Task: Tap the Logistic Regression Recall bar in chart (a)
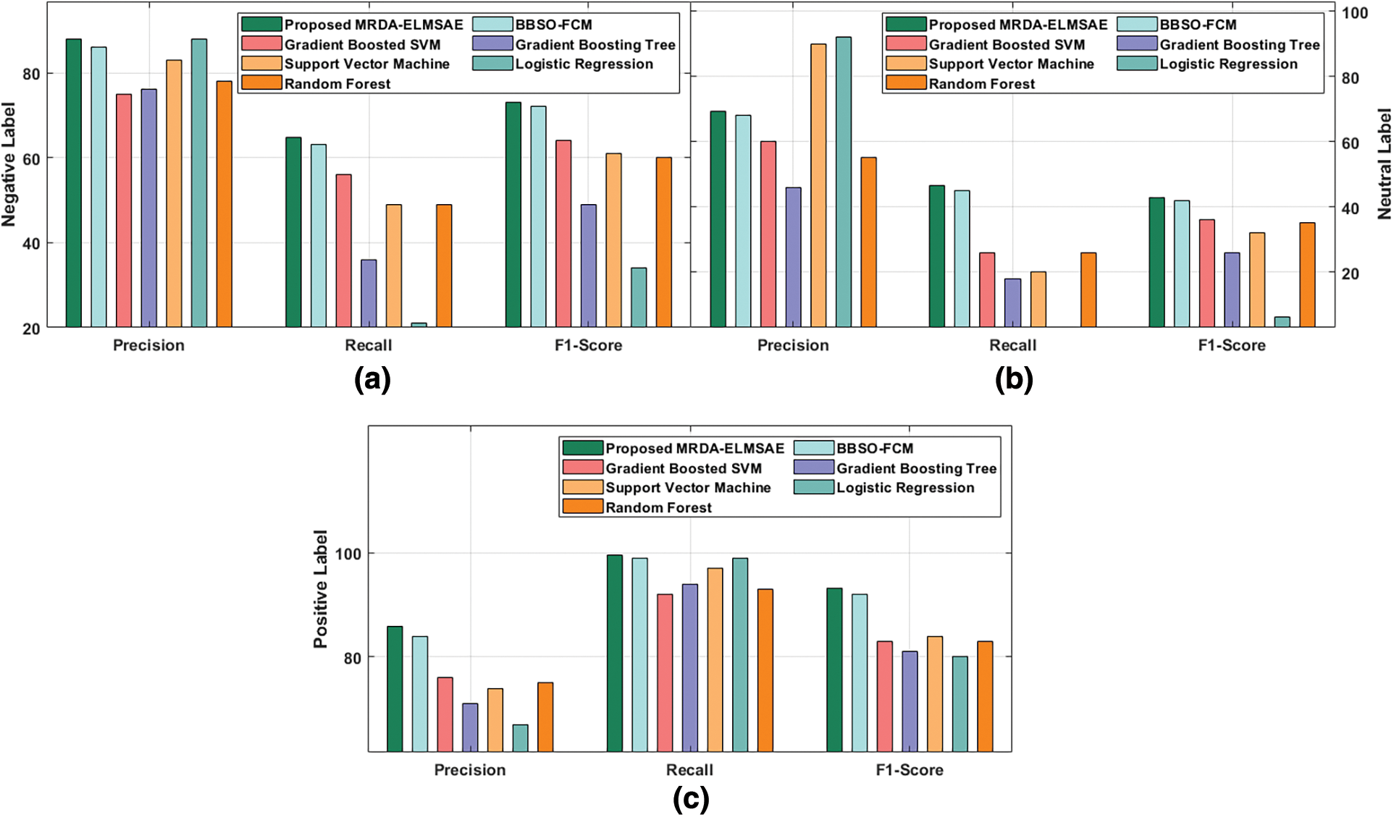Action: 419,324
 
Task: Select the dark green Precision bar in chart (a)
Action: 74,182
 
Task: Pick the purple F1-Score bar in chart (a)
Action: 589,266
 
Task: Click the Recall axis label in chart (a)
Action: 368,345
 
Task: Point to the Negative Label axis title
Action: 9,164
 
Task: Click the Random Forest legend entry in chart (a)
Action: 316,83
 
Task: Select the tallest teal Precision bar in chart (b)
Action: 844,182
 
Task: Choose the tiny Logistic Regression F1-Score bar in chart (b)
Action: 1282,322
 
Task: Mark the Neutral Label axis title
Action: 1384,164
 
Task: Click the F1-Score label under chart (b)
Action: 1232,345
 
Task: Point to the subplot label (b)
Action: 1014,380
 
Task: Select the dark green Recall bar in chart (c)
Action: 615,653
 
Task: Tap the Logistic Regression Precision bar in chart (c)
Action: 520,737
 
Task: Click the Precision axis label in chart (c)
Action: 470,770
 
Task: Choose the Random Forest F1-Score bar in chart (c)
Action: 985,696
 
